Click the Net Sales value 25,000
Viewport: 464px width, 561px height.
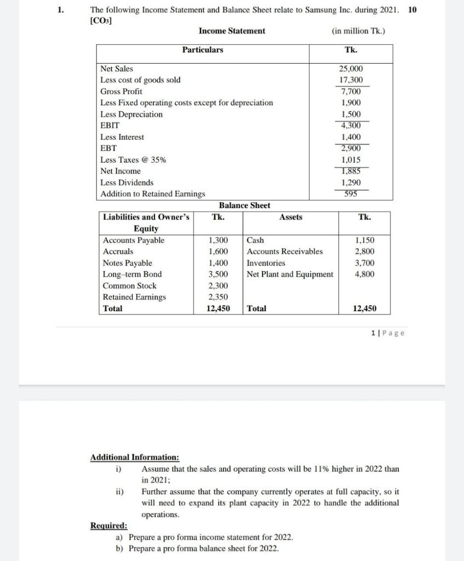pos(351,68)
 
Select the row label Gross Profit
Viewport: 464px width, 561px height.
pos(121,91)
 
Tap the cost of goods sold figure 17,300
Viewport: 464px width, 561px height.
pos(351,80)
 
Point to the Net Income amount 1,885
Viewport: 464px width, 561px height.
pos(351,171)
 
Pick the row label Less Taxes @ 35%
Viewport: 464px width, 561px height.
pos(133,160)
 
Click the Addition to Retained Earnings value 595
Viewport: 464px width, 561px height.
pos(351,193)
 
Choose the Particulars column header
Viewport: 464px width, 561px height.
pos(203,50)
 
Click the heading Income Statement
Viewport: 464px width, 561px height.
pos(232,31)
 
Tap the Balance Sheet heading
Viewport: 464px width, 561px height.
pos(244,205)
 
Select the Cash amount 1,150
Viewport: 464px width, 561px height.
pos(365,240)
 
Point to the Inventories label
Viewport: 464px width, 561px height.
pos(266,263)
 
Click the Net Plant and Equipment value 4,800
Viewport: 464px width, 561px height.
pos(365,274)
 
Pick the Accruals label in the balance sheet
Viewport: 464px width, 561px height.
pos(118,251)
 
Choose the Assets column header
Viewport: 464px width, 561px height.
pos(290,217)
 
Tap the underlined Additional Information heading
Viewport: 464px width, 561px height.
pos(134,457)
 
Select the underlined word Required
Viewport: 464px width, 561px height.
pos(108,526)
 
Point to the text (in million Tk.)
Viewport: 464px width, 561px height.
pos(358,31)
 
